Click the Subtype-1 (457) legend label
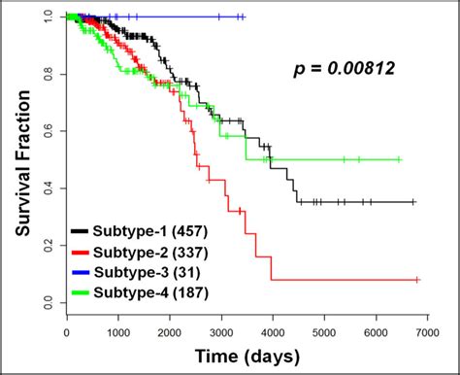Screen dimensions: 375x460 point(142,232)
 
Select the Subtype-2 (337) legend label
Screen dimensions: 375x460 point(142,250)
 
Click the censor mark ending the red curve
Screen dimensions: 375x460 point(417,280)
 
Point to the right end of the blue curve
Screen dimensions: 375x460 point(244,17)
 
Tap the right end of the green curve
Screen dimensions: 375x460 point(400,159)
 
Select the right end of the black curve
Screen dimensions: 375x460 point(414,202)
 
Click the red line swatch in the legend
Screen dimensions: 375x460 point(81,250)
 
